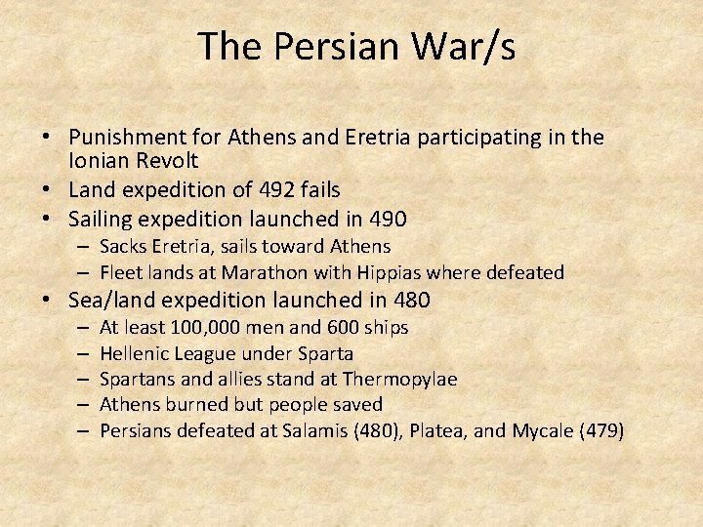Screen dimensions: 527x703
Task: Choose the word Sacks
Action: [124, 246]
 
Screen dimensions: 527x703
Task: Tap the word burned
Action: [191, 404]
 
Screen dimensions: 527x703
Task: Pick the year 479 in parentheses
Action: [604, 429]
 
